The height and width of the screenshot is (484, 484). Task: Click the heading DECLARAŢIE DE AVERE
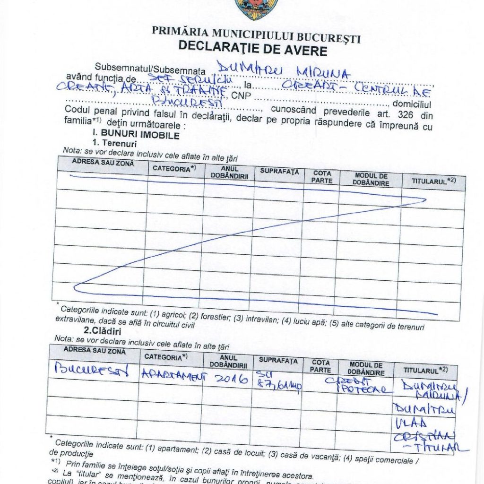point(252,48)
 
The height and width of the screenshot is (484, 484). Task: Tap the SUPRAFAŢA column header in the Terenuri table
point(279,172)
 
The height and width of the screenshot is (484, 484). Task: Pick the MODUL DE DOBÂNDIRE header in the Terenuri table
point(371,179)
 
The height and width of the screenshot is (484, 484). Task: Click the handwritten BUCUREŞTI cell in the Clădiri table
point(92,370)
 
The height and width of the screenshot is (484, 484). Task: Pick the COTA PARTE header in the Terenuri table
point(322,177)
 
